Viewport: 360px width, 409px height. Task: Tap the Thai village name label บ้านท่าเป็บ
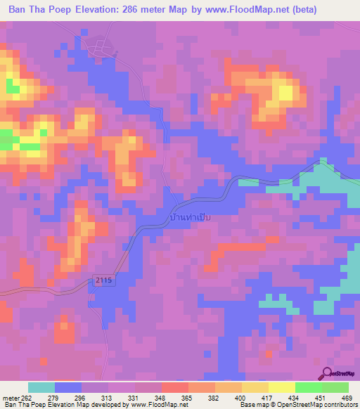click(x=190, y=219)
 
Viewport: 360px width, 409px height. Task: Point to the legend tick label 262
click(x=25, y=398)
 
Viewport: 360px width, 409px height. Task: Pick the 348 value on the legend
click(x=162, y=398)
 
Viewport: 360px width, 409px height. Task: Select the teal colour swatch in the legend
click(x=41, y=387)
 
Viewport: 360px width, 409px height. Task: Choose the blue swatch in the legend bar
click(x=68, y=387)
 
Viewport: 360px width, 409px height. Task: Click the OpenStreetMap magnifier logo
click(x=327, y=373)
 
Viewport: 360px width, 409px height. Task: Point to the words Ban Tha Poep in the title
click(x=37, y=10)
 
